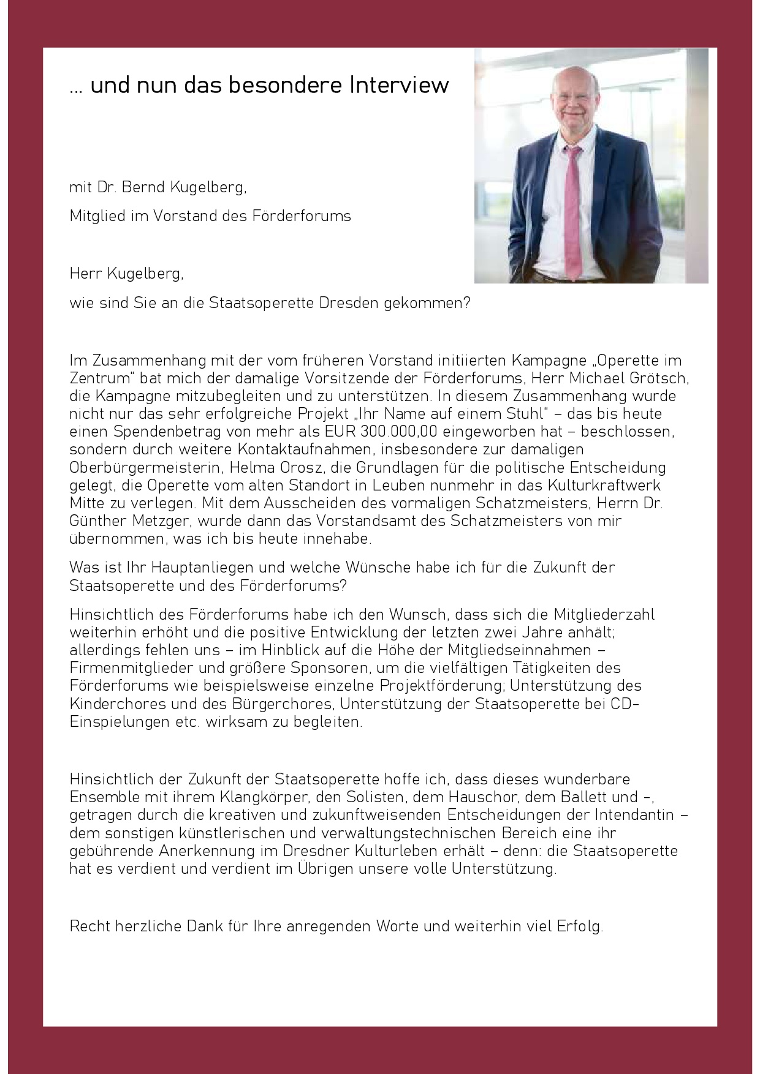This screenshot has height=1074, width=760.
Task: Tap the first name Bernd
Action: pos(143,187)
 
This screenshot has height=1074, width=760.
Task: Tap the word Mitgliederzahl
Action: pos(604,615)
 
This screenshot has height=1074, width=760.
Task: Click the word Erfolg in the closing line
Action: pos(579,926)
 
